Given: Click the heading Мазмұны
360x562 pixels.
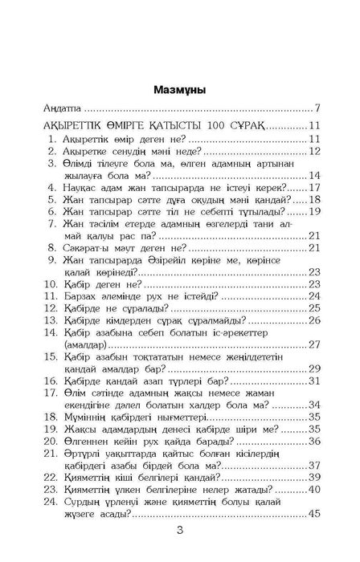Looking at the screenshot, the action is pos(179,89).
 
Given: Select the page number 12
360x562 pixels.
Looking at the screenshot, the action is pos(315,150).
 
